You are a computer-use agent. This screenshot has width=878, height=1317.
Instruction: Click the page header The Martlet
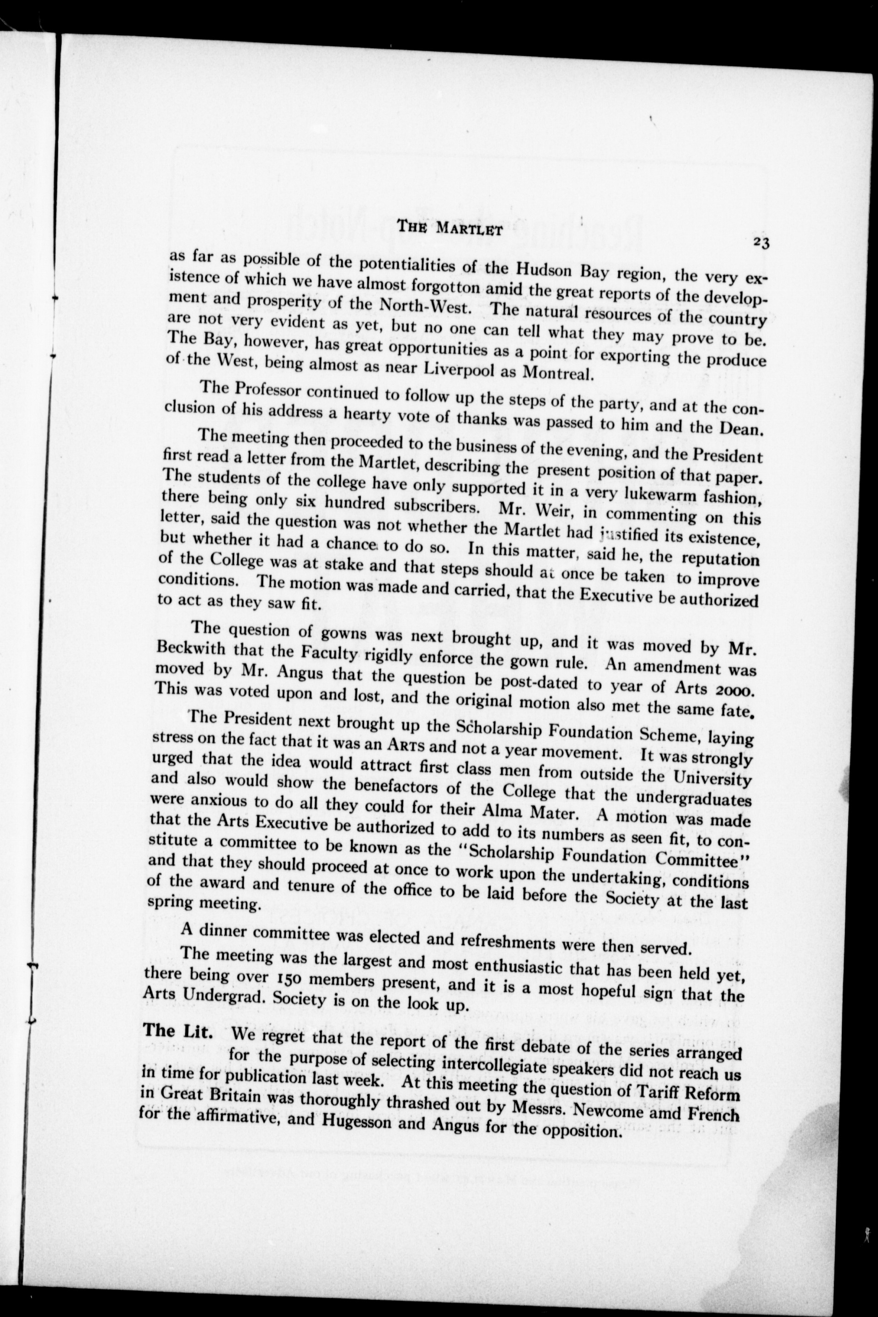[x=448, y=227]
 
